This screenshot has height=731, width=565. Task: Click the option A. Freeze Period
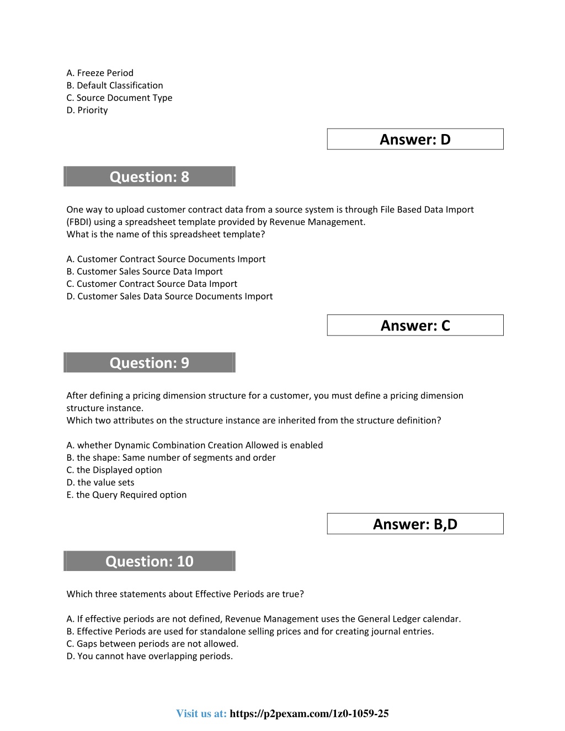click(100, 73)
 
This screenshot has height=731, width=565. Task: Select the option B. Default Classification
click(115, 86)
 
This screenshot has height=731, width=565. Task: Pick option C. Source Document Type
click(119, 98)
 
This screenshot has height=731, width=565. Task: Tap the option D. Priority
click(87, 110)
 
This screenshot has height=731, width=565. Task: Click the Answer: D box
click(415, 139)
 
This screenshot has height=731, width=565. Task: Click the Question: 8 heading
click(150, 177)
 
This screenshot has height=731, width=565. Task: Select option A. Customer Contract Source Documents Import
click(166, 259)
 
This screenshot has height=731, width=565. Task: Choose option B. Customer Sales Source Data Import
click(145, 271)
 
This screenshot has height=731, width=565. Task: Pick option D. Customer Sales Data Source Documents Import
click(169, 296)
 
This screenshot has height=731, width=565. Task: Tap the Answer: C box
click(415, 326)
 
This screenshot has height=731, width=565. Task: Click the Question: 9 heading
click(150, 362)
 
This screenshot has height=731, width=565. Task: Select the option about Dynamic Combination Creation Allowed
click(195, 445)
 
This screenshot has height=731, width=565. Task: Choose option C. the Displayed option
click(114, 470)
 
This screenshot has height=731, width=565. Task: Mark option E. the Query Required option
click(126, 495)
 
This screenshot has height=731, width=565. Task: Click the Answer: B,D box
click(415, 524)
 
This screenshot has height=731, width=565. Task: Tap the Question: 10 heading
click(150, 561)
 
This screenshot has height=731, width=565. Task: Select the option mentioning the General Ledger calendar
click(264, 619)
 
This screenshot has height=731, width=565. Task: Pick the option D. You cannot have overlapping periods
click(150, 656)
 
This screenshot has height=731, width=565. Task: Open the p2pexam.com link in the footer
click(309, 713)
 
